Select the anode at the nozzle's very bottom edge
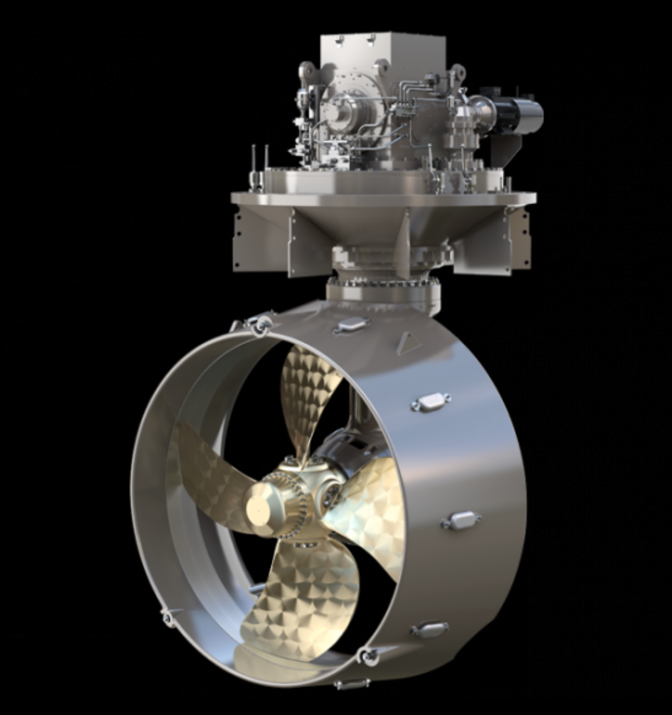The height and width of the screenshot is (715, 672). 352,684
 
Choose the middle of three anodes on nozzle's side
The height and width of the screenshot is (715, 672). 461,520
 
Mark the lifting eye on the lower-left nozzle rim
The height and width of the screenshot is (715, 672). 168,616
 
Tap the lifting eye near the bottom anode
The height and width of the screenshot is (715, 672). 368,655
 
